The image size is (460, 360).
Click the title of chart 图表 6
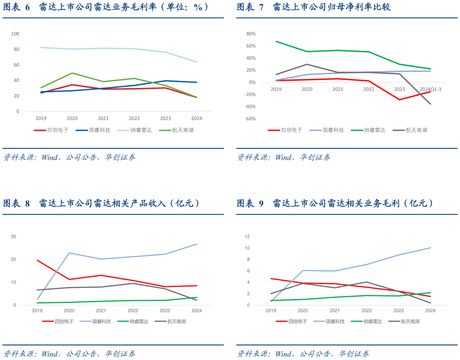click(x=106, y=7)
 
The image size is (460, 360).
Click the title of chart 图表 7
click(x=313, y=7)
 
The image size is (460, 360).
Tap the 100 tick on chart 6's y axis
click(x=15, y=34)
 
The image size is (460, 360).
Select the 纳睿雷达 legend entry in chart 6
click(x=139, y=130)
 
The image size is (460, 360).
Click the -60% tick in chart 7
click(x=251, y=119)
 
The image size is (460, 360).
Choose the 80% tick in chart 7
click(x=251, y=34)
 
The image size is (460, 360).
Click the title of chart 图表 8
click(x=102, y=203)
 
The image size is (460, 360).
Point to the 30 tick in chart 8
click(x=13, y=237)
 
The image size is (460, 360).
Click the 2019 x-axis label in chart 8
click(x=37, y=311)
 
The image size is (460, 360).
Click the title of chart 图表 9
click(x=335, y=203)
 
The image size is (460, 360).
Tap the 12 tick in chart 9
click(x=247, y=237)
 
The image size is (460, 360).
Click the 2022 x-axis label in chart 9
click(x=366, y=311)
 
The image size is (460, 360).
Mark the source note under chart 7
click(x=284, y=158)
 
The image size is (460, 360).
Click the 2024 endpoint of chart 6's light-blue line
click(x=197, y=62)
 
